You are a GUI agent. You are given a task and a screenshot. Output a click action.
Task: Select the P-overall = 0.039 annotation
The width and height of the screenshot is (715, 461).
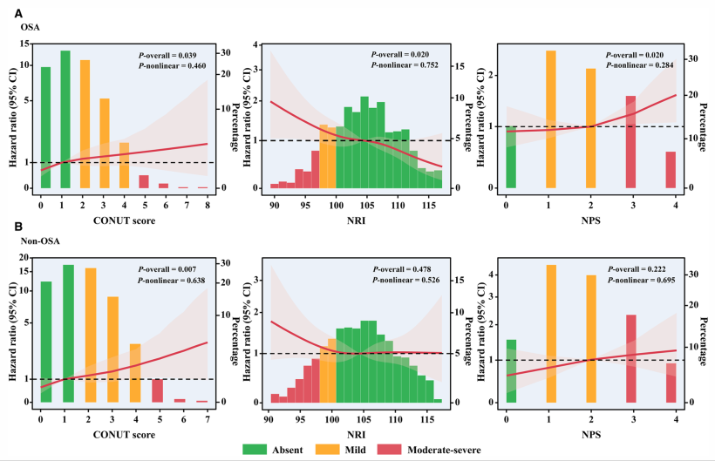[x=172, y=55]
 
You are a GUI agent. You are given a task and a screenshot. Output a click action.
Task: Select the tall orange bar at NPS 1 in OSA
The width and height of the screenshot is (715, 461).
[x=551, y=119]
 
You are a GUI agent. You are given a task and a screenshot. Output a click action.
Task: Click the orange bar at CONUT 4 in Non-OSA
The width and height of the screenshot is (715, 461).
[x=135, y=372]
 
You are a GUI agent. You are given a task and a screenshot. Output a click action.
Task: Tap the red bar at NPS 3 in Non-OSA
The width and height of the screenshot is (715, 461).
[x=630, y=358]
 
